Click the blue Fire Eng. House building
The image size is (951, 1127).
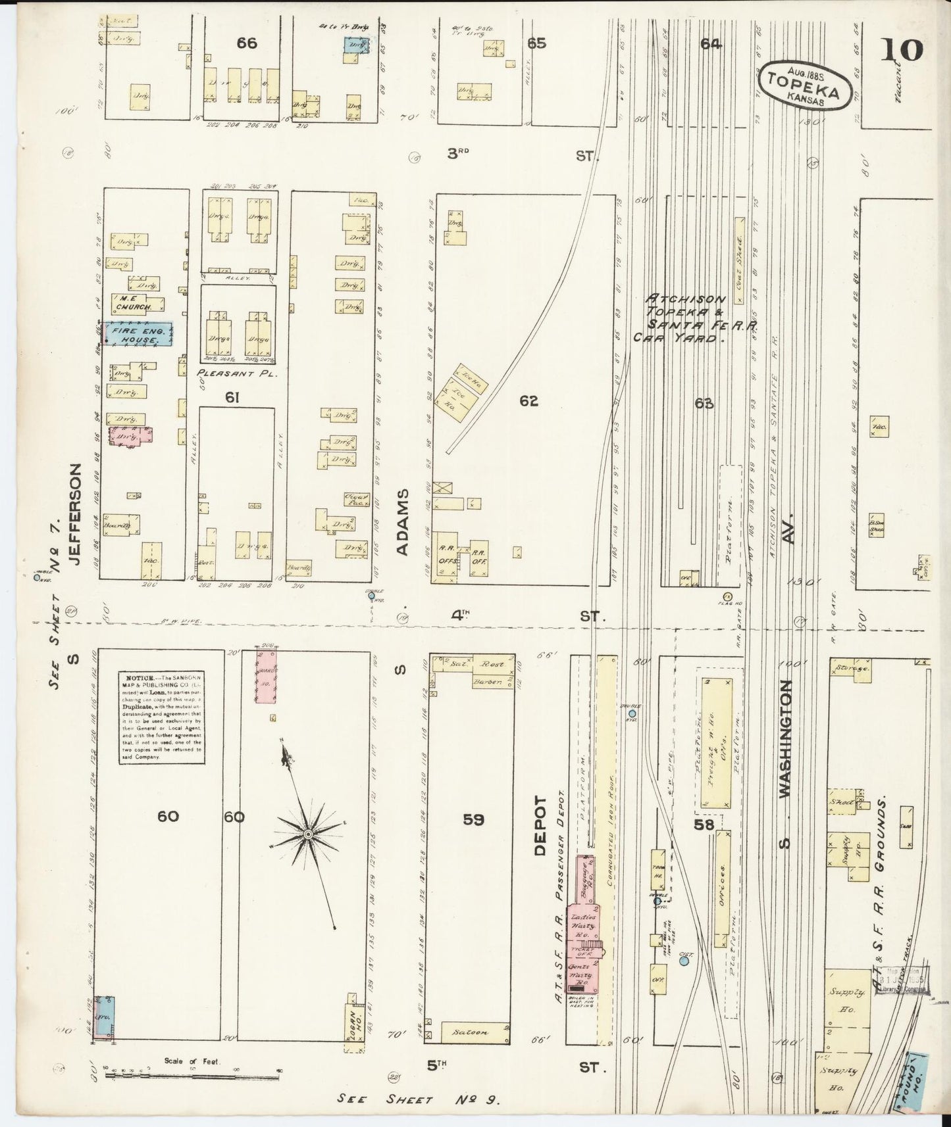139,334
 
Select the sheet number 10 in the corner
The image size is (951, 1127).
904,51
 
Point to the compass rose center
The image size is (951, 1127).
307,834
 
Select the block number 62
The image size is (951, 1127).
528,400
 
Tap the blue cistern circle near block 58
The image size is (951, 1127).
684,961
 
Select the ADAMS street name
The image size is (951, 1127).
403,521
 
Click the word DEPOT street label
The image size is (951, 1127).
541,825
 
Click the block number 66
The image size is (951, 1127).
247,43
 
